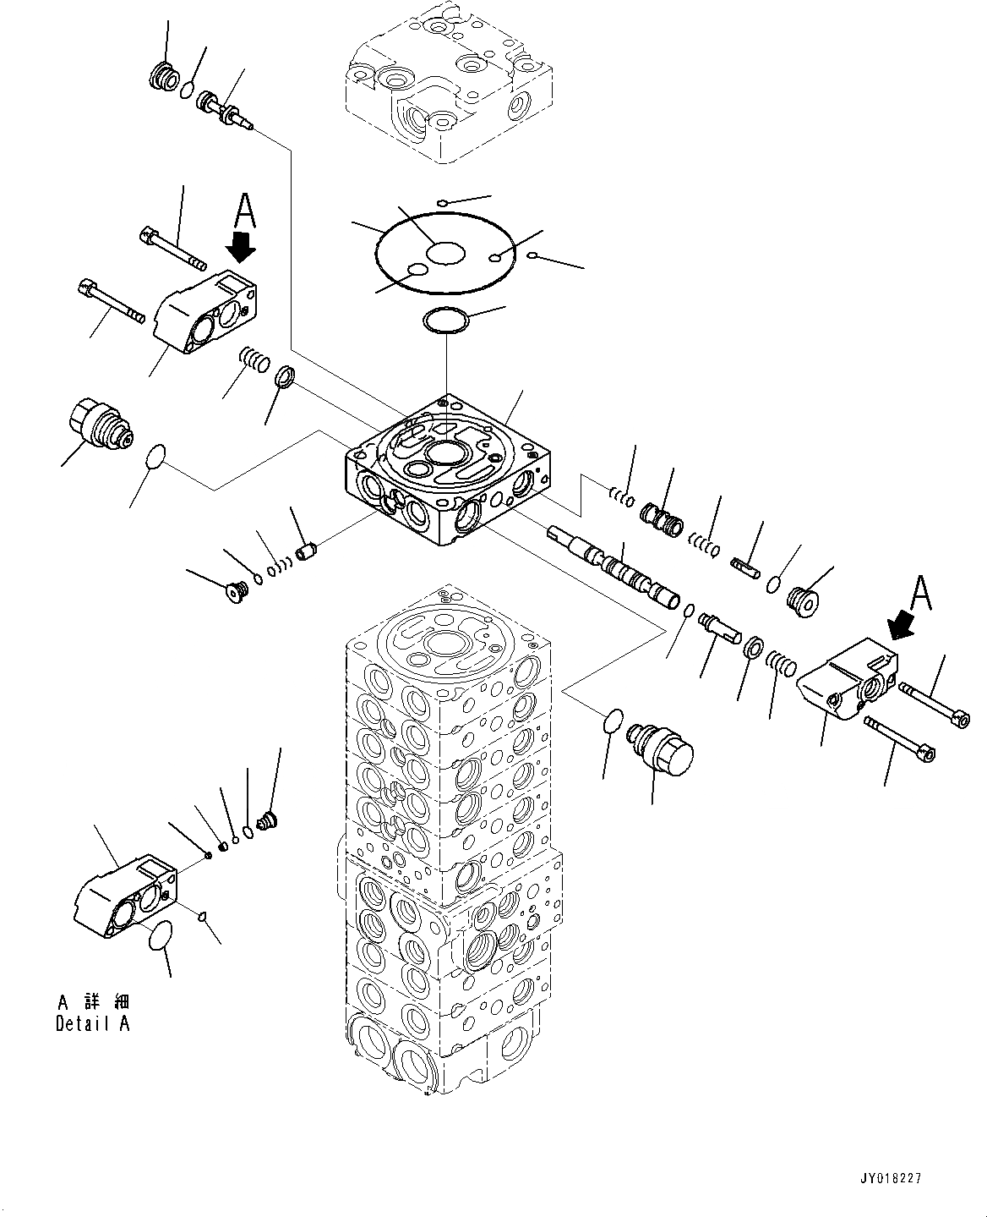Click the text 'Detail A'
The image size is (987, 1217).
click(x=93, y=1024)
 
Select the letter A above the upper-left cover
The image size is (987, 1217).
click(x=243, y=210)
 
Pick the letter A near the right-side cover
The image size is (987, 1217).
click(x=921, y=593)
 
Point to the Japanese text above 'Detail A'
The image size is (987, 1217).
click(x=93, y=1002)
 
